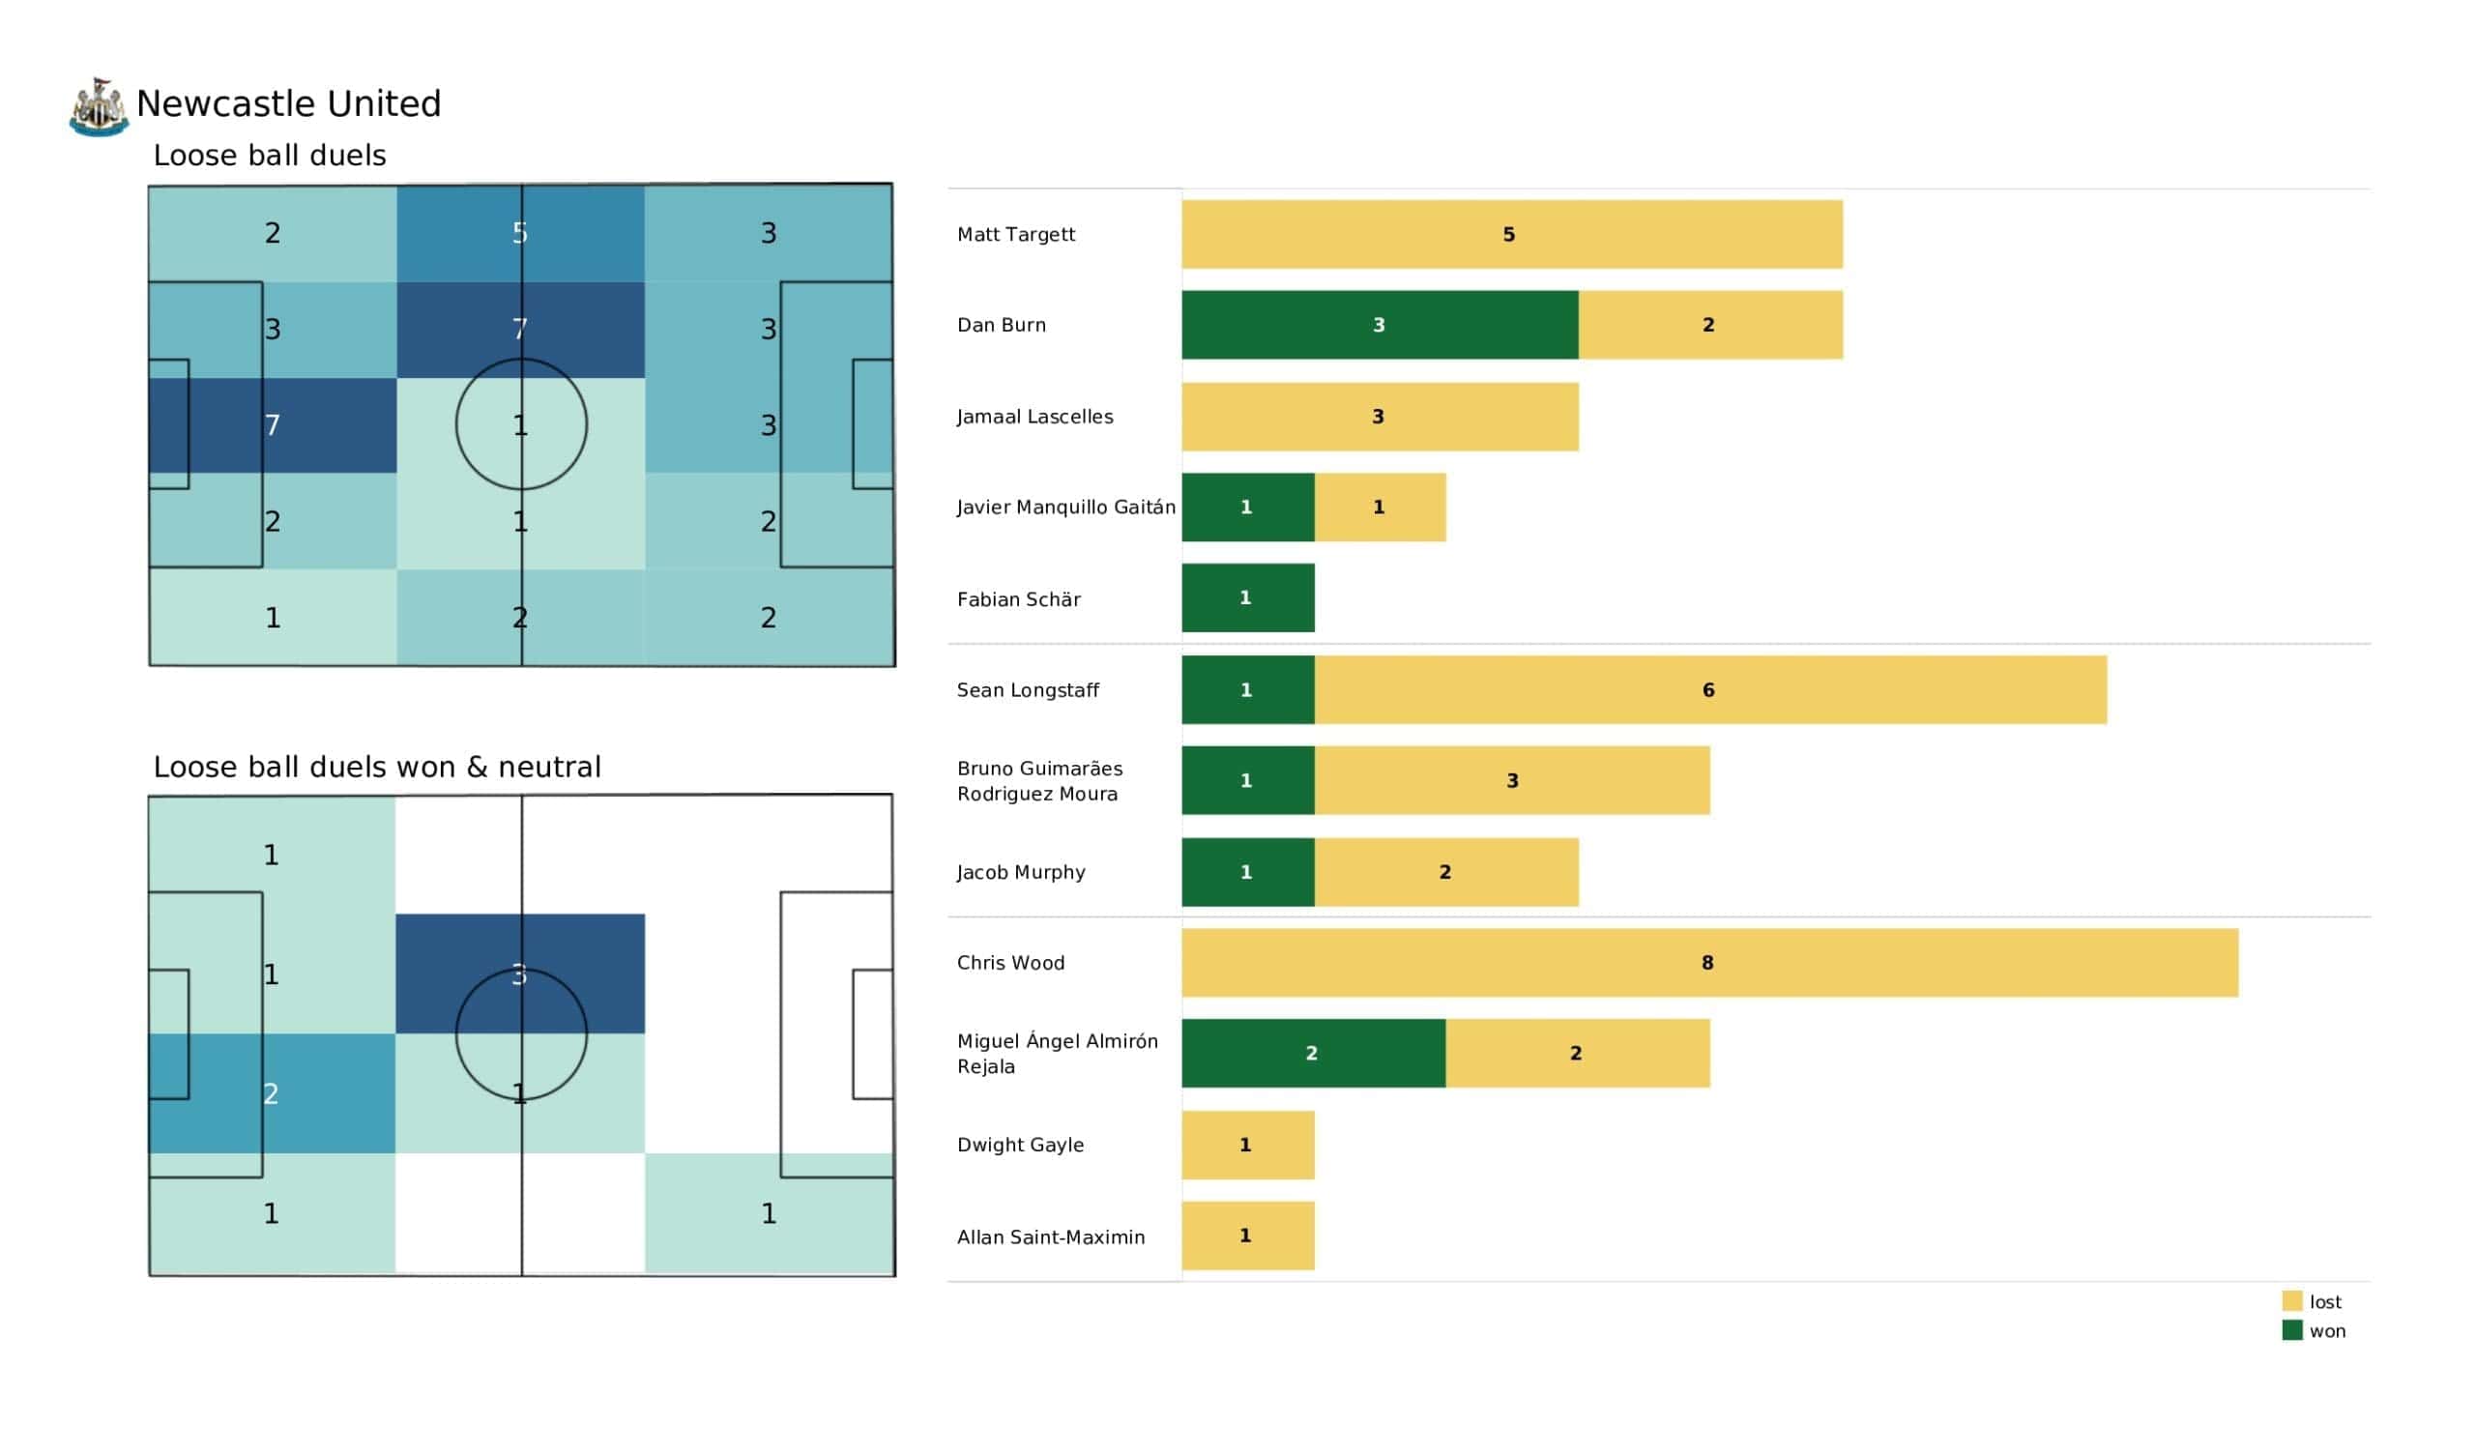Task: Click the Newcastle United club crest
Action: click(x=99, y=106)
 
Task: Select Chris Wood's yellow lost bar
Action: click(x=1709, y=963)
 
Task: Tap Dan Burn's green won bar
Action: click(x=1379, y=325)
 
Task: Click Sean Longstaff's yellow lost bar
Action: click(x=1710, y=689)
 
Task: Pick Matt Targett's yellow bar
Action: click(x=1511, y=235)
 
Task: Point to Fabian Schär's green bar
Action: click(x=1247, y=598)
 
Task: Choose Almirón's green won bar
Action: click(x=1313, y=1053)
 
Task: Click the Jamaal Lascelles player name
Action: click(x=1034, y=417)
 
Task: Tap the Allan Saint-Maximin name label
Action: click(x=1050, y=1236)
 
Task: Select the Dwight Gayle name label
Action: click(x=1019, y=1145)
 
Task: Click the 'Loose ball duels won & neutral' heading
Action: click(x=376, y=768)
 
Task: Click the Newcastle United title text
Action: click(x=289, y=104)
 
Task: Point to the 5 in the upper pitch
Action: click(x=519, y=234)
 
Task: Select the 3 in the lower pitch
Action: click(x=519, y=974)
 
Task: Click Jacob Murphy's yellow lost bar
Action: click(x=1445, y=872)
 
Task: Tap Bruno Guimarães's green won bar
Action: click(x=1247, y=781)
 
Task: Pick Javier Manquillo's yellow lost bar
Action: click(x=1379, y=507)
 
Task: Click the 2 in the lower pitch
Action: click(x=271, y=1093)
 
